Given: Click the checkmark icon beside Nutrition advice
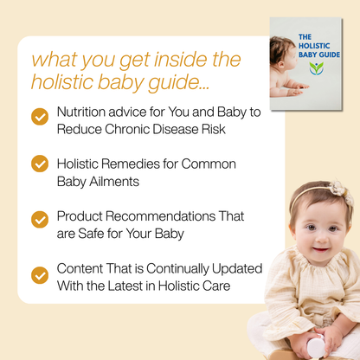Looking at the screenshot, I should [40, 117].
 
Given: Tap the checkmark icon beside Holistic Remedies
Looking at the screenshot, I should [40, 164].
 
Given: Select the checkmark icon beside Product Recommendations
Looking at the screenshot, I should [40, 219].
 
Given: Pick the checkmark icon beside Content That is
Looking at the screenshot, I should [40, 274].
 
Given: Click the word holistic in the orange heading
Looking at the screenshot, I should [65, 82].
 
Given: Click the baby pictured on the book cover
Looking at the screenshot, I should [283, 69].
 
